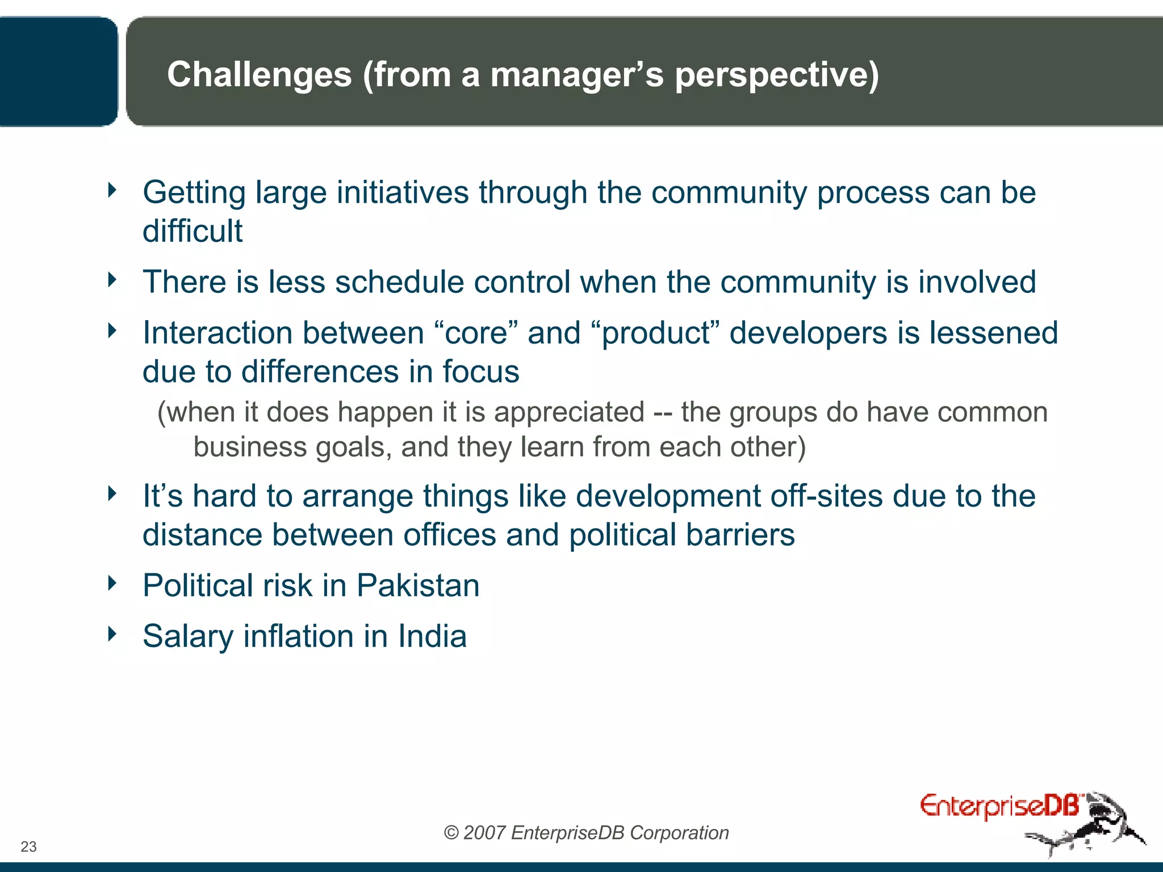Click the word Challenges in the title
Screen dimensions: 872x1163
(260, 74)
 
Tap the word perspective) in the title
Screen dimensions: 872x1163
(776, 74)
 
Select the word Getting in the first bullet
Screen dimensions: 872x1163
(194, 193)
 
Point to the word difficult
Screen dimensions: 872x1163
(192, 231)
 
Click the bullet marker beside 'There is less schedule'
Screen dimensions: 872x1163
(112, 279)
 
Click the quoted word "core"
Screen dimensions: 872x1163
(476, 333)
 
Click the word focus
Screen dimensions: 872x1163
(480, 372)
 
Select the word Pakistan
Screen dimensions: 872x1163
(418, 585)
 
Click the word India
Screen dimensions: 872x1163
(432, 636)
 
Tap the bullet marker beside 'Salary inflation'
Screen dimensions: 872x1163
(112, 633)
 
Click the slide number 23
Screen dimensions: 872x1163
(28, 846)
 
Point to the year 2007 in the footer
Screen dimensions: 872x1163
(484, 833)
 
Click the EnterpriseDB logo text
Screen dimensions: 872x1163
(999, 806)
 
